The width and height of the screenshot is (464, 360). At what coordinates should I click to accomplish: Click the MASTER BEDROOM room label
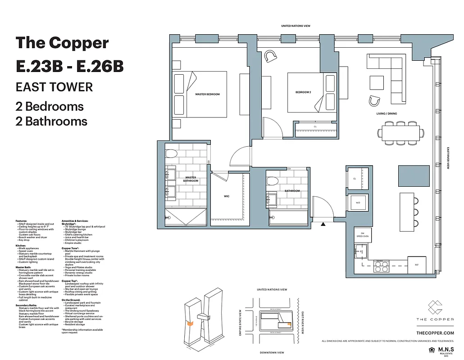pos(207,94)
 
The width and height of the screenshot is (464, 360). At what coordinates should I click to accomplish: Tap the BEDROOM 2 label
pos(303,92)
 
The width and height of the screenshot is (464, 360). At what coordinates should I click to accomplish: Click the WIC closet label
pos(227,197)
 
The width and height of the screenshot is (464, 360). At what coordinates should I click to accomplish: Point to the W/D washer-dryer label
pos(358,203)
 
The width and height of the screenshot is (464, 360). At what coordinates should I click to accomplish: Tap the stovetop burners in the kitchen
pos(382,267)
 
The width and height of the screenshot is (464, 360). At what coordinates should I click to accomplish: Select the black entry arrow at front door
pos(323,224)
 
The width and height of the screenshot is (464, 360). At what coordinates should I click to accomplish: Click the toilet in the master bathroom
pos(170,154)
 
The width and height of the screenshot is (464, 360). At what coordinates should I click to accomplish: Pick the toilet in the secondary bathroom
pos(272,181)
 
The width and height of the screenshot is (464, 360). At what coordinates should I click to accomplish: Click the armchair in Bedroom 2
pos(271,56)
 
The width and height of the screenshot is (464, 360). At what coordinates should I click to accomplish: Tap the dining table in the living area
pos(400,133)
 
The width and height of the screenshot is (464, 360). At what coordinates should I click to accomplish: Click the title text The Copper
pos(62,43)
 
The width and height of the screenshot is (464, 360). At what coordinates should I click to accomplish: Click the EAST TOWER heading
pos(54,86)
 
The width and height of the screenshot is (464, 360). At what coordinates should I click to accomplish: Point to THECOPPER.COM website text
pos(435,333)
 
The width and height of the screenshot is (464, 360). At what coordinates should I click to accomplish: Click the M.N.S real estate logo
pos(443,351)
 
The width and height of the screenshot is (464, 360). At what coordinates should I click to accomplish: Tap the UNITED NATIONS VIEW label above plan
pos(296,26)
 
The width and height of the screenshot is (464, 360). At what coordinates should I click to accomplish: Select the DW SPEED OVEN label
pos(363,234)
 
